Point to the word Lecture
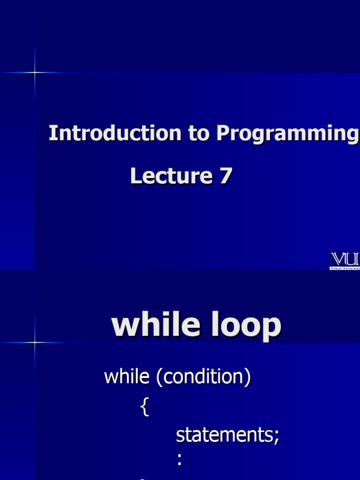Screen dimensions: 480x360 tap(171, 176)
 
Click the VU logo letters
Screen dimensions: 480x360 tap(345, 259)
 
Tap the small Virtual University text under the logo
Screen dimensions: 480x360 tap(345, 268)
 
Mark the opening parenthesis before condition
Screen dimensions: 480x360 tap(159, 377)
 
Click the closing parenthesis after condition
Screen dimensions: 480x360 tap(247, 377)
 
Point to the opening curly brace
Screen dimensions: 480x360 tap(144, 407)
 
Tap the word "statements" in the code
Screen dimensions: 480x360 tap(224, 435)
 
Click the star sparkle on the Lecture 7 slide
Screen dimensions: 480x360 tap(35, 72)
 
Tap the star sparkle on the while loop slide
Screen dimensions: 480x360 tap(35, 343)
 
